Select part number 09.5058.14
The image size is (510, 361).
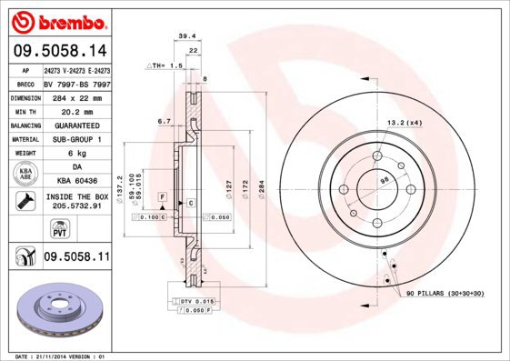pyautogui.click(x=60, y=52)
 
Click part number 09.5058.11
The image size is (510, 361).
pyautogui.click(x=77, y=259)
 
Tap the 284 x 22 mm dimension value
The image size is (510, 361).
pyautogui.click(x=75, y=96)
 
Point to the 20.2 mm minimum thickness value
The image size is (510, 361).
pyautogui.click(x=75, y=111)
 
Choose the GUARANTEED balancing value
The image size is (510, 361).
pyautogui.click(x=75, y=125)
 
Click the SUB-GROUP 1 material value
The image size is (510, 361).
pyautogui.click(x=75, y=140)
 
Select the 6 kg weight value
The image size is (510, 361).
pyautogui.click(x=75, y=155)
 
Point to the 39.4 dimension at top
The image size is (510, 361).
pyautogui.click(x=185, y=37)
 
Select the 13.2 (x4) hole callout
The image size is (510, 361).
pyautogui.click(x=403, y=122)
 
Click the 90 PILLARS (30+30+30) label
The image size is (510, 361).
pyautogui.click(x=445, y=295)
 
